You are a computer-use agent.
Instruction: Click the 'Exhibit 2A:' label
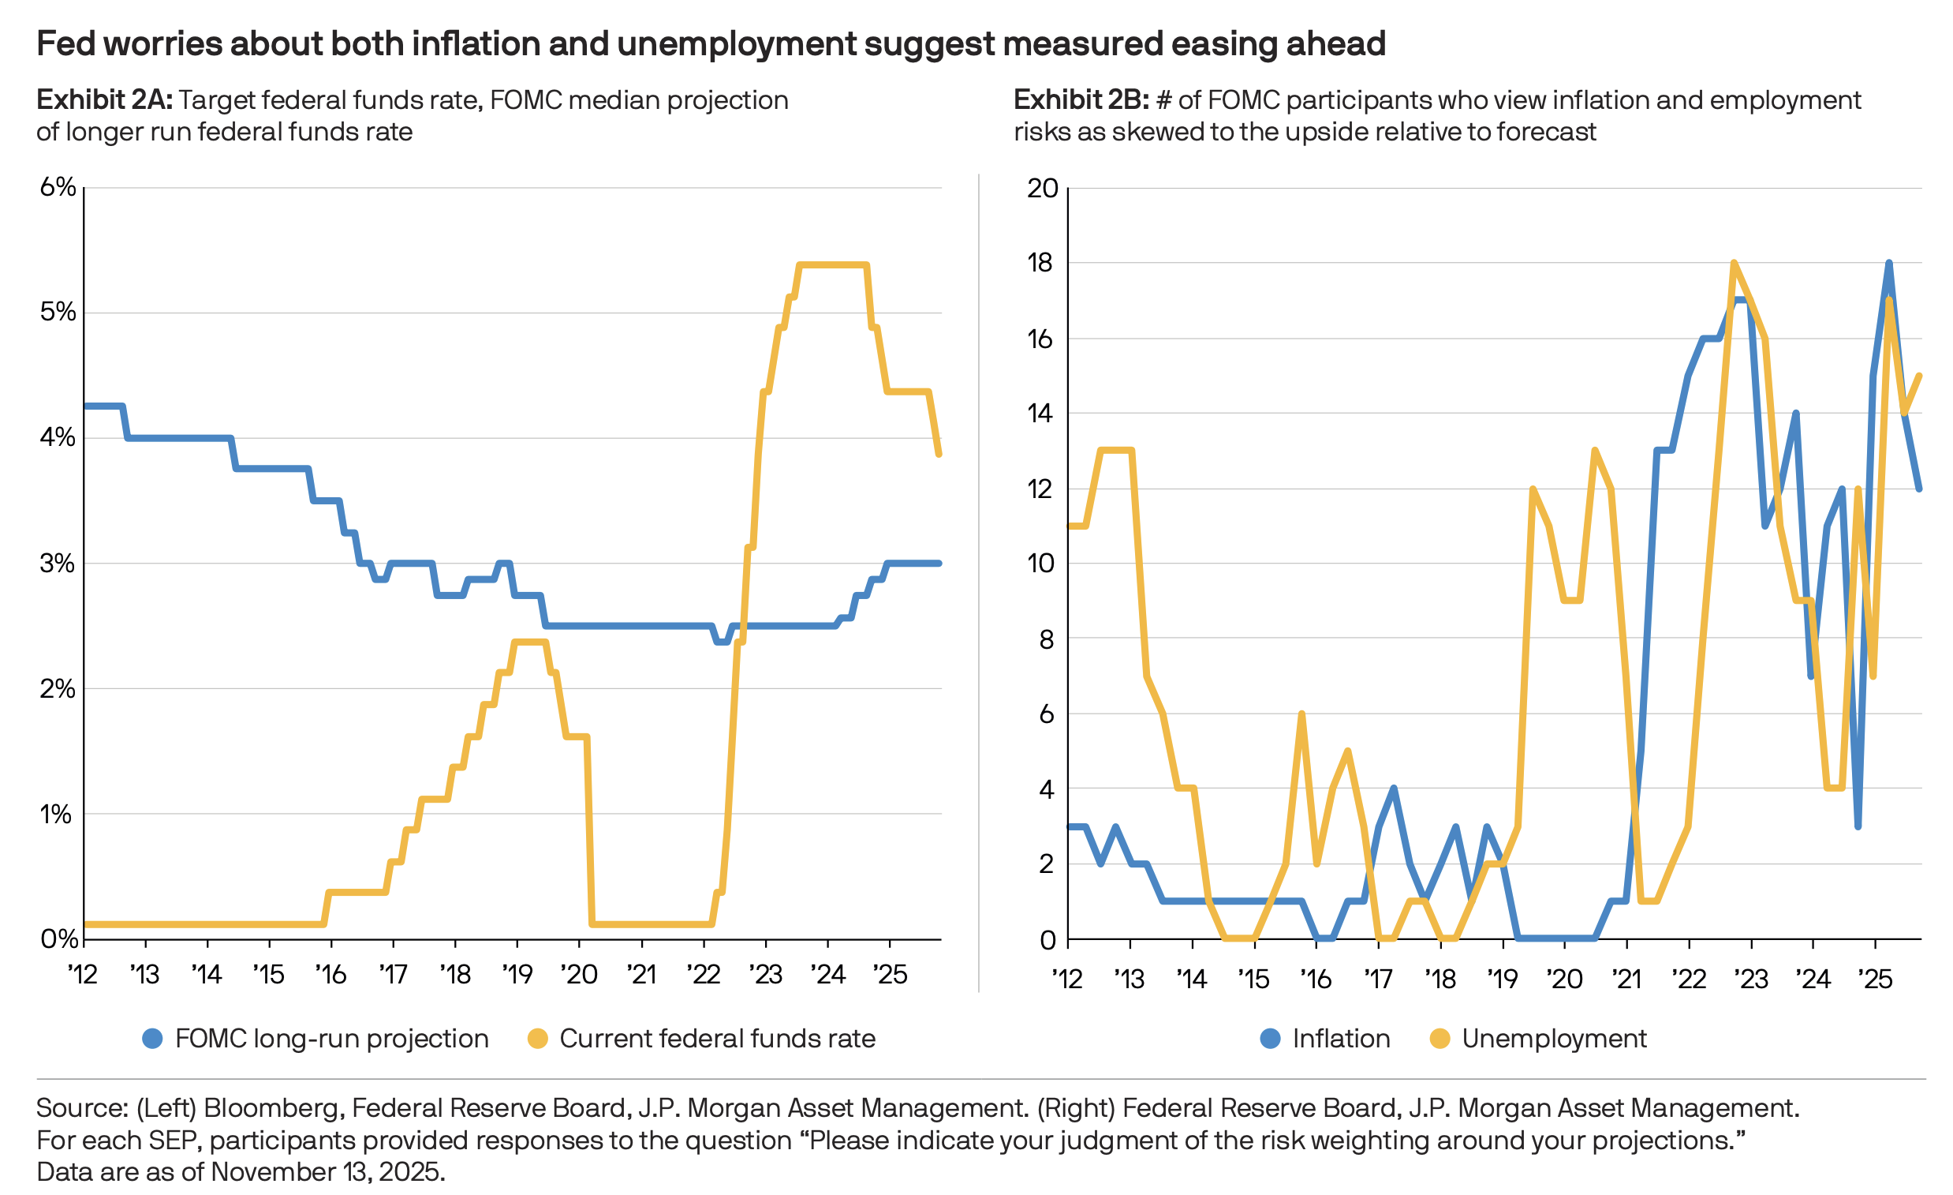[x=104, y=101]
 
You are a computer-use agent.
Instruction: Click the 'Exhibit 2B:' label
[x=1081, y=101]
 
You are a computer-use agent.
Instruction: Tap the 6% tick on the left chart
[x=58, y=187]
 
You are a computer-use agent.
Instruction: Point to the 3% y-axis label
[x=58, y=563]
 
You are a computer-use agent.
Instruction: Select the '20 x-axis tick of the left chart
[x=580, y=974]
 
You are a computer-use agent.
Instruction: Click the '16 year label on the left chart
[x=331, y=974]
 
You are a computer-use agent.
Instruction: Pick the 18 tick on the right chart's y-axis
[x=1040, y=263]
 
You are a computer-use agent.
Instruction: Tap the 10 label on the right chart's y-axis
[x=1040, y=563]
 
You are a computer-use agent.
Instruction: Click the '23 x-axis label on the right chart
[x=1752, y=980]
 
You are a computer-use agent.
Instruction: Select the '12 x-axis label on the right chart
[x=1068, y=980]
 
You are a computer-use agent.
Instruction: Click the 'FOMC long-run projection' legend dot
[x=152, y=1038]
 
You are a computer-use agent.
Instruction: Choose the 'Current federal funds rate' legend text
[x=716, y=1038]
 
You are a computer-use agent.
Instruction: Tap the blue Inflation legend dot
[x=1270, y=1038]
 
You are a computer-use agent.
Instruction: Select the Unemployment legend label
[x=1554, y=1038]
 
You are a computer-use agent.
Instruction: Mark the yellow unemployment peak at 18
[x=1735, y=264]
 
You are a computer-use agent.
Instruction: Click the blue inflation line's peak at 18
[x=1889, y=264]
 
